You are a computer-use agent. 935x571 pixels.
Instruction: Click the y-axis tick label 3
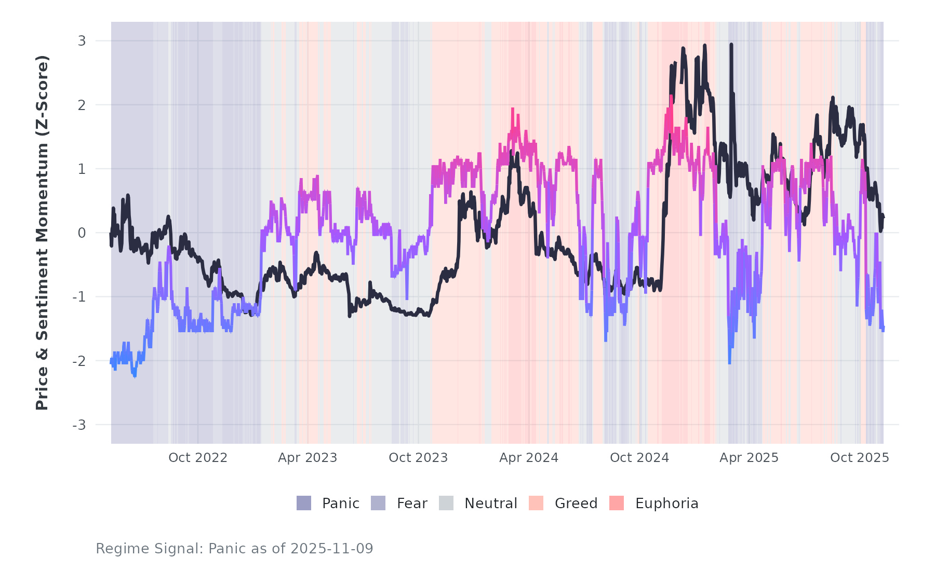(82, 40)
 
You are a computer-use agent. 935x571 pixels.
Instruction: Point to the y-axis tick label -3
(79, 425)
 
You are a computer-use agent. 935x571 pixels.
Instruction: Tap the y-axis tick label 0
(82, 233)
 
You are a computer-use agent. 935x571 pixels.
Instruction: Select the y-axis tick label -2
(79, 361)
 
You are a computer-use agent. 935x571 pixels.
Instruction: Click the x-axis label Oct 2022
(198, 458)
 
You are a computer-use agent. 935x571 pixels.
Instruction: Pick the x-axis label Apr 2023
(308, 458)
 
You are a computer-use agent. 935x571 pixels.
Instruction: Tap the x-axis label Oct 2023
(418, 458)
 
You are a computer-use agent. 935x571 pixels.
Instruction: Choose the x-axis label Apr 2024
(529, 458)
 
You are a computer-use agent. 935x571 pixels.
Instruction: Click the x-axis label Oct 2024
(639, 458)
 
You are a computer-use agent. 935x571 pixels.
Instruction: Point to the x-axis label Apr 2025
(749, 458)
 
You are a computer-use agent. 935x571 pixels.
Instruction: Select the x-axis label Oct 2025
(860, 458)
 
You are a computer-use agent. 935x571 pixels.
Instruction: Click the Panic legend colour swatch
(304, 503)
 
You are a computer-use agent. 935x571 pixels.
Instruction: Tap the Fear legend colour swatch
(378, 503)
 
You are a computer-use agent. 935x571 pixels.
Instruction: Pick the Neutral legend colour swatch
(446, 503)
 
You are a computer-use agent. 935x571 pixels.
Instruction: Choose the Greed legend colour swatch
(536, 503)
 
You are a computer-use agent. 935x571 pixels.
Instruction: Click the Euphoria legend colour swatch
(617, 503)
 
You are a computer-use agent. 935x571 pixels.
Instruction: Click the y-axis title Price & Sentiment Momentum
(42, 233)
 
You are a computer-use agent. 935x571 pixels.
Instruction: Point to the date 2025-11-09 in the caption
(331, 549)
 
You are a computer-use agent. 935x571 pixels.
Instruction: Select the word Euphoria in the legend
(666, 504)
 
